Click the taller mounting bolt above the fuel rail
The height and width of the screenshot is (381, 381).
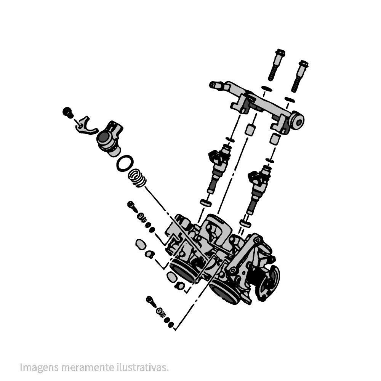(x=277, y=65)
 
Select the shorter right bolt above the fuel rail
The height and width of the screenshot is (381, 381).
(x=299, y=76)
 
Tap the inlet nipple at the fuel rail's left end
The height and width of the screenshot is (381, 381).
(x=215, y=85)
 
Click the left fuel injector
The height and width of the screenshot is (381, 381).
(x=218, y=168)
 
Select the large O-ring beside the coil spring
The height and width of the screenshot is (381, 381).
(x=125, y=163)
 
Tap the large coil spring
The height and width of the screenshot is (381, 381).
(x=138, y=178)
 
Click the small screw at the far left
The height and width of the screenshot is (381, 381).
(x=68, y=112)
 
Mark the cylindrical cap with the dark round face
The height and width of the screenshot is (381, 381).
(x=110, y=138)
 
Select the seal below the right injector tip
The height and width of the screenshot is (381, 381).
(x=245, y=223)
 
